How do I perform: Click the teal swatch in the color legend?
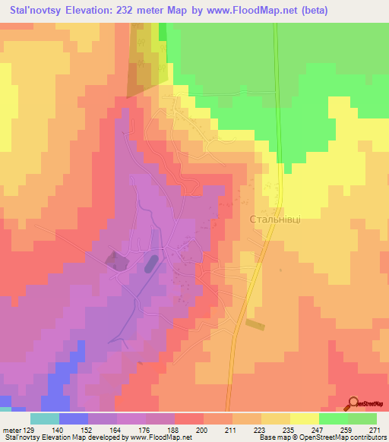pos(44,418)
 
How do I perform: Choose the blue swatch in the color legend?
pos(73,418)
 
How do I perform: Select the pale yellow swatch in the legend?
pos(304,418)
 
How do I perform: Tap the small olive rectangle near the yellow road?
pos(255,324)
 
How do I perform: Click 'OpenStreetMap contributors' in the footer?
pos(335,437)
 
